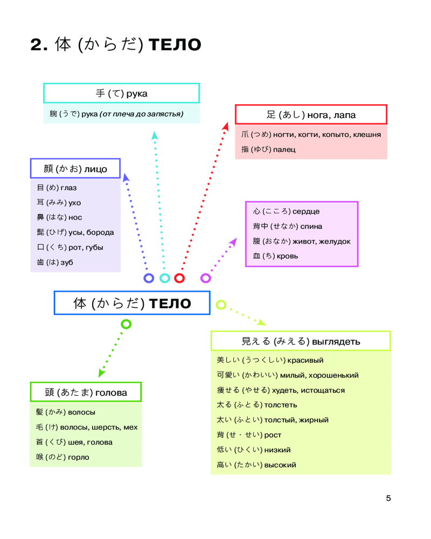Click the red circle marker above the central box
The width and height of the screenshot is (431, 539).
tap(179, 278)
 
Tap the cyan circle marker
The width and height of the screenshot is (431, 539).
tap(165, 278)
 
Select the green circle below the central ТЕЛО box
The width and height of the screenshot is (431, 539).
tap(126, 324)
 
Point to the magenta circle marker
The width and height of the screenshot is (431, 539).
tap(205, 278)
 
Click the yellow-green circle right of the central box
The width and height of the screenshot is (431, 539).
tap(220, 305)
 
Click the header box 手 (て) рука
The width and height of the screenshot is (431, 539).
tap(121, 93)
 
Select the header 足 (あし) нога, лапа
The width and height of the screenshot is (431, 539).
tap(311, 115)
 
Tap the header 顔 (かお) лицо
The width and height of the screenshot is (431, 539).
tap(75, 169)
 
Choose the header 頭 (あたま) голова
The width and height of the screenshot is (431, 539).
tap(86, 392)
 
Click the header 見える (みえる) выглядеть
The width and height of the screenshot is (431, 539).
tap(300, 341)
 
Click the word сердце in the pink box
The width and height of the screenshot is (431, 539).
tap(305, 211)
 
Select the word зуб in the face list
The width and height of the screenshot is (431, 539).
tap(67, 262)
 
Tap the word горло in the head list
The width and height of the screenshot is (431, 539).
tap(79, 457)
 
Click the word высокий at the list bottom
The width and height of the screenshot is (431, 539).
tap(280, 465)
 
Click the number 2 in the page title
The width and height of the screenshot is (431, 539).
tap(36, 45)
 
